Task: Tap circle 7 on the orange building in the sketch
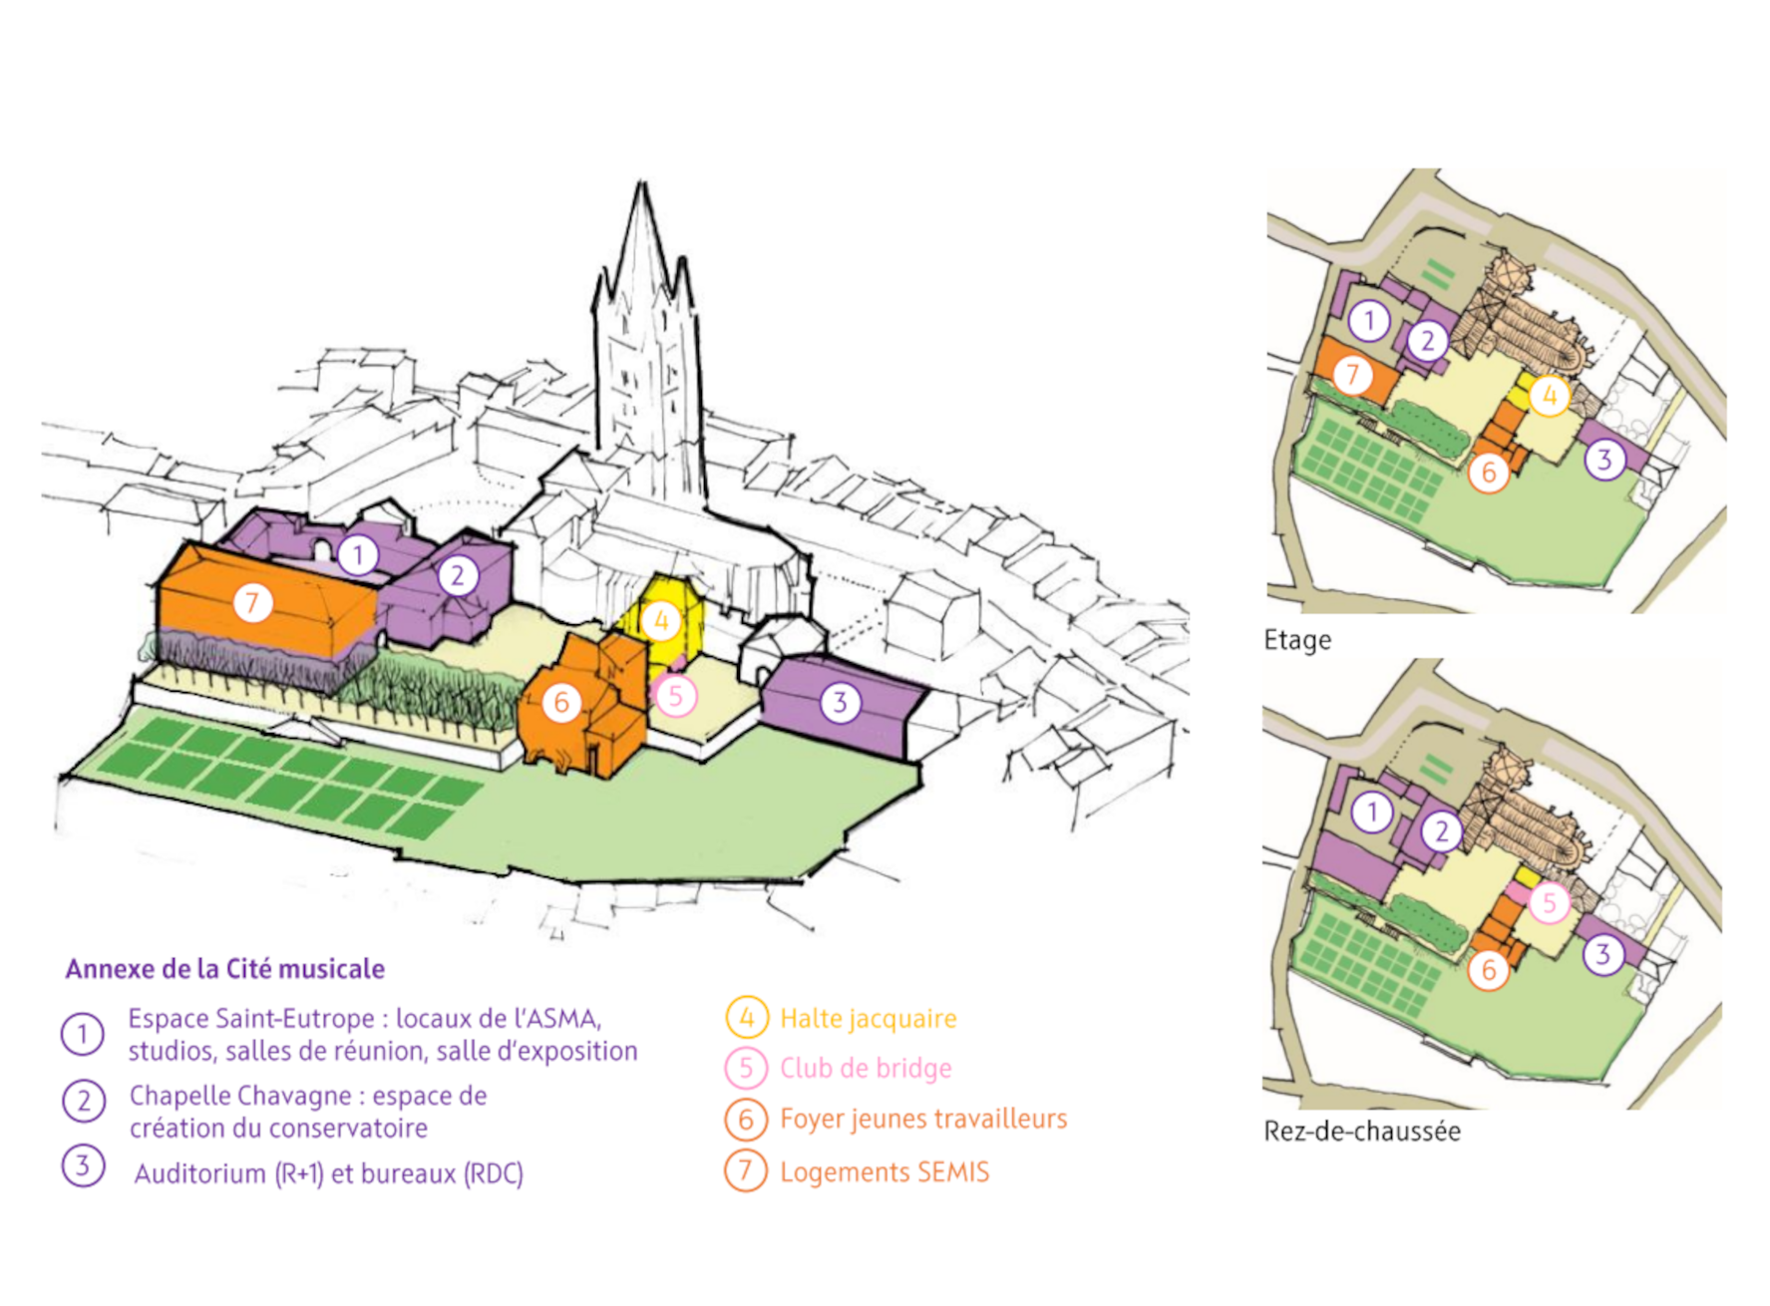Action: coord(252,602)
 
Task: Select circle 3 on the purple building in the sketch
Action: coord(840,703)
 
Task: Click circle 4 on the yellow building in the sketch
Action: coord(660,621)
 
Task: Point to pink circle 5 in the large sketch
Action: coord(675,696)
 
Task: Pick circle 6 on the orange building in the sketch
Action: coord(561,703)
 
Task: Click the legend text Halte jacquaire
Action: coord(868,1018)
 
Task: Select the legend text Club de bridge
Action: coord(865,1068)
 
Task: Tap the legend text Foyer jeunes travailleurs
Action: coord(922,1119)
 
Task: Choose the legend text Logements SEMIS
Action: coord(884,1171)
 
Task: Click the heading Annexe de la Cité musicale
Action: coord(225,969)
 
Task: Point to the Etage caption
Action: coord(1296,640)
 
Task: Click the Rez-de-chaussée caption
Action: coord(1361,1132)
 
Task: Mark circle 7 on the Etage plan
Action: coord(1352,375)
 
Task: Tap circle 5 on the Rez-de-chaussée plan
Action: coord(1549,903)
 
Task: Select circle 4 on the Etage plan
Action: coord(1549,396)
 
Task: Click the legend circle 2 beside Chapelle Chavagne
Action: coord(84,1101)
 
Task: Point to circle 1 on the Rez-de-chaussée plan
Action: coord(1372,813)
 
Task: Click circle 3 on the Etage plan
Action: coord(1603,460)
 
